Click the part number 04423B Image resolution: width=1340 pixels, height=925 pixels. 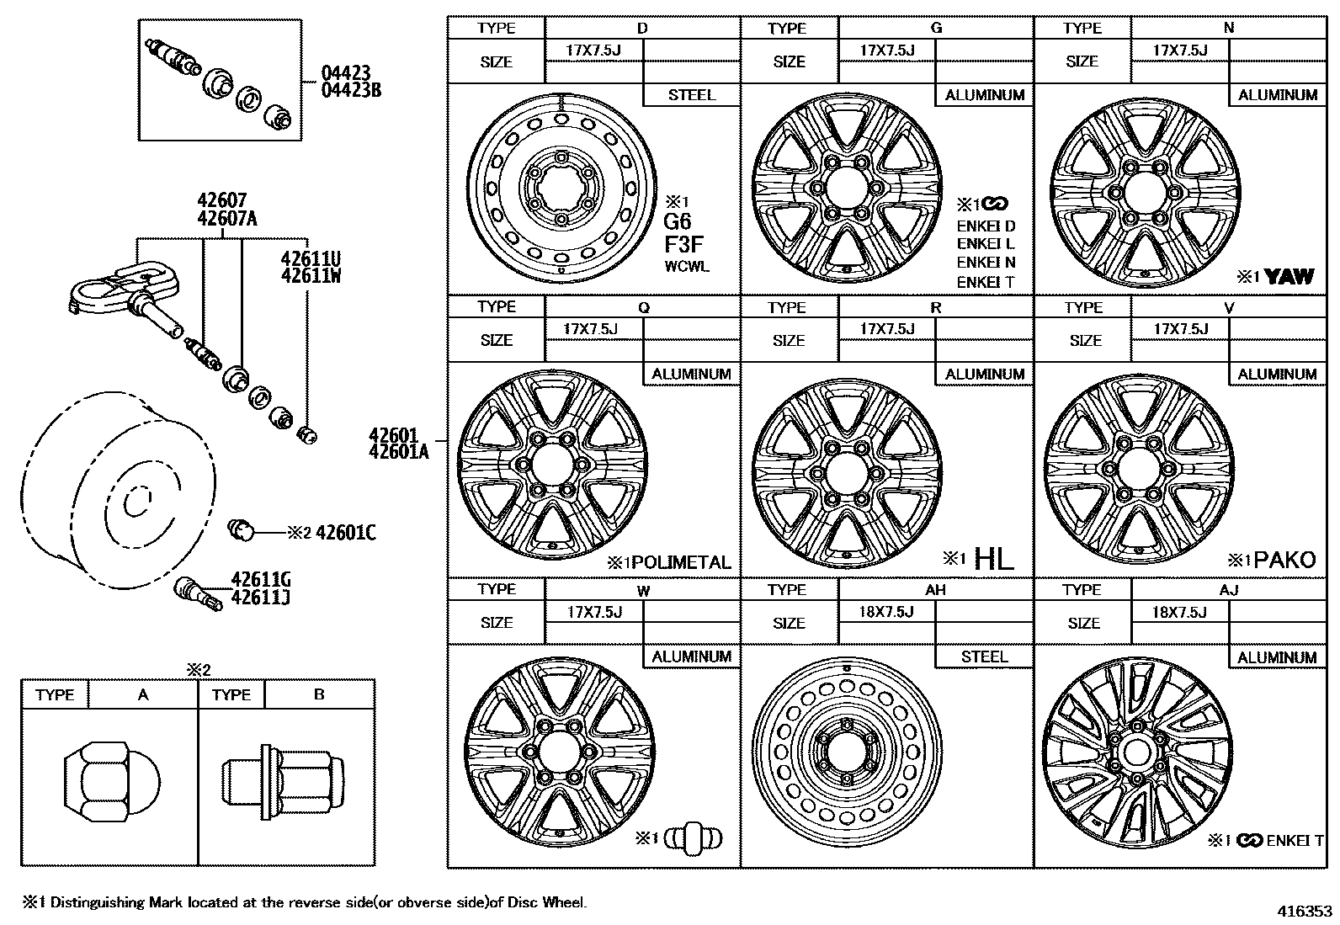[350, 90]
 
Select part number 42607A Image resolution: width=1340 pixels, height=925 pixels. [226, 219]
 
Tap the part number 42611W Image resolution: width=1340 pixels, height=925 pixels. [311, 274]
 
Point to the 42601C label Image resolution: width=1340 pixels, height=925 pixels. [345, 533]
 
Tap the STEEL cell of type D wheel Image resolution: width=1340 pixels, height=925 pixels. [691, 95]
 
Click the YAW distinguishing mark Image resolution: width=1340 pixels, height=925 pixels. [1288, 277]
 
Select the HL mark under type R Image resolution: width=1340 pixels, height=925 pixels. [993, 559]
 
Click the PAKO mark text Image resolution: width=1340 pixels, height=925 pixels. [1284, 561]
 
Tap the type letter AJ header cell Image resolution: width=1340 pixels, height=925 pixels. [1228, 590]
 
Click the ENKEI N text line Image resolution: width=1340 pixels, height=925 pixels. [986, 263]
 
